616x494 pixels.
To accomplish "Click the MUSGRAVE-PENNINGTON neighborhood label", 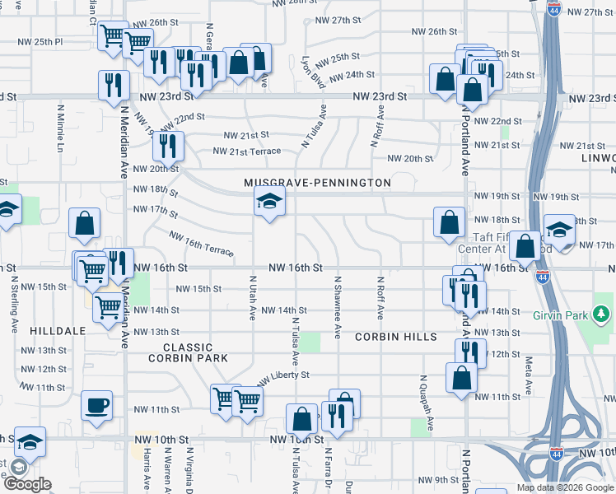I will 317,182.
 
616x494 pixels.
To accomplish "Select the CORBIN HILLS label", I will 397,337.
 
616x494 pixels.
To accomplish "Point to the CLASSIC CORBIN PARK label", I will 187,352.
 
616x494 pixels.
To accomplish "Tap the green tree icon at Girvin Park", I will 602,314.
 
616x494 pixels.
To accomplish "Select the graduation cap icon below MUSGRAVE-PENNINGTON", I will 268,201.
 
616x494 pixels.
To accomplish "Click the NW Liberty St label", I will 282,376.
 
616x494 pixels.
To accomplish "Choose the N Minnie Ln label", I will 60,128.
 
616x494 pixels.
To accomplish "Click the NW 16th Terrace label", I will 201,245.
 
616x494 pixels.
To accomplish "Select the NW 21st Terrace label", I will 246,151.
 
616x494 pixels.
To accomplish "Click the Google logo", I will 27,484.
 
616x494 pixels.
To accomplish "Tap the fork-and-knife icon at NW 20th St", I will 168,146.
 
